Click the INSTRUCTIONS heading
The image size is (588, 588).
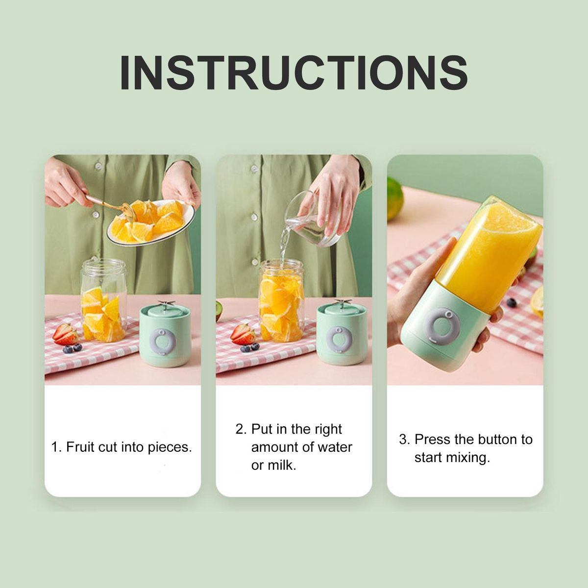294,73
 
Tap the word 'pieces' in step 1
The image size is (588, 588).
170,448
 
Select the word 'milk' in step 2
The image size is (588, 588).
282,465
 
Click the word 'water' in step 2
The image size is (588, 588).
335,447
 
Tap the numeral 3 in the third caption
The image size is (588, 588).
404,440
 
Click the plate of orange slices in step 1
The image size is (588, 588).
151,222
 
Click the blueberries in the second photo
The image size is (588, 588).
249,347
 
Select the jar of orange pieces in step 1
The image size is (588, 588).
103,300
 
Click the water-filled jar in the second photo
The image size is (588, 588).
281,300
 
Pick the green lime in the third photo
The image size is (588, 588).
395,198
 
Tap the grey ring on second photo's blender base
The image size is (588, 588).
339,340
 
